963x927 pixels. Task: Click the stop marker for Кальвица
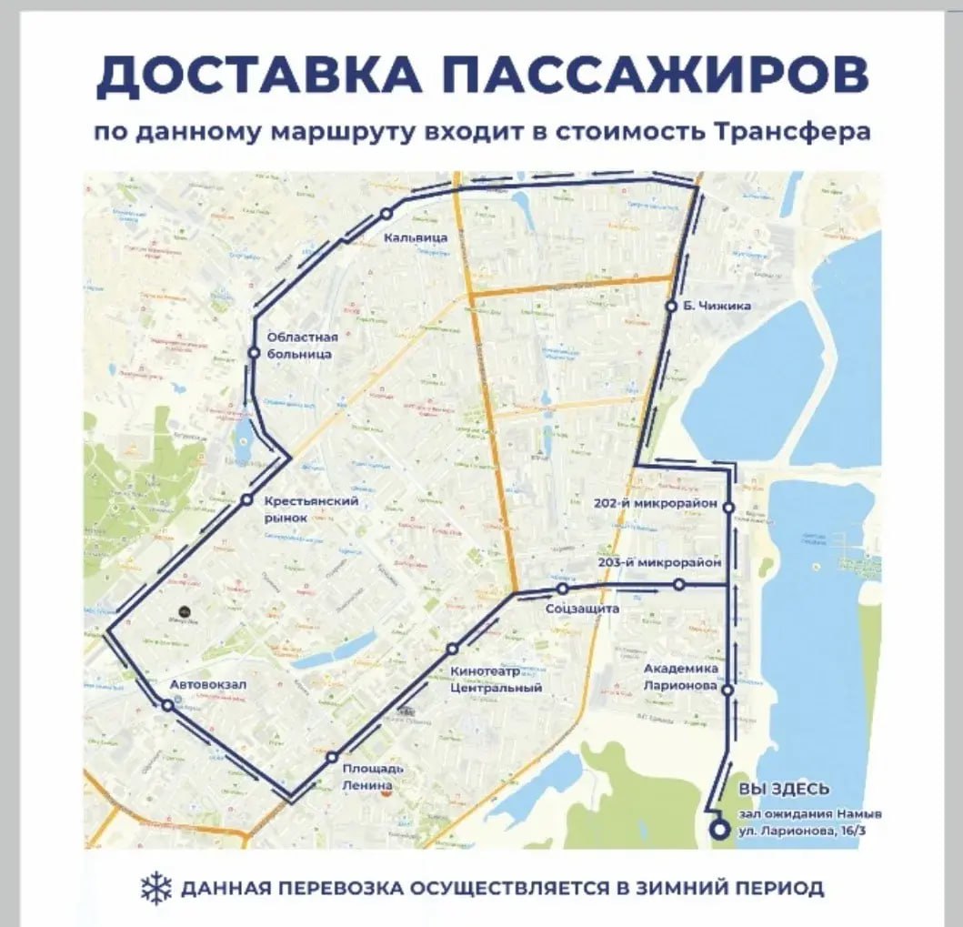pos(386,213)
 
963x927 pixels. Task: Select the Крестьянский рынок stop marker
pos(246,499)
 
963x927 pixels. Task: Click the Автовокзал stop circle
pos(167,705)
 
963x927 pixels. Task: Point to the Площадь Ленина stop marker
pos(332,756)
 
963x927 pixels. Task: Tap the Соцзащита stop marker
pos(563,589)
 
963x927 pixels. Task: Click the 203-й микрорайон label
pos(659,563)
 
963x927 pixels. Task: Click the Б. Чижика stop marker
pos(672,307)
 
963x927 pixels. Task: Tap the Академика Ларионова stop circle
pos(727,690)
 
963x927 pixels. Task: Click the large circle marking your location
pos(719,829)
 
